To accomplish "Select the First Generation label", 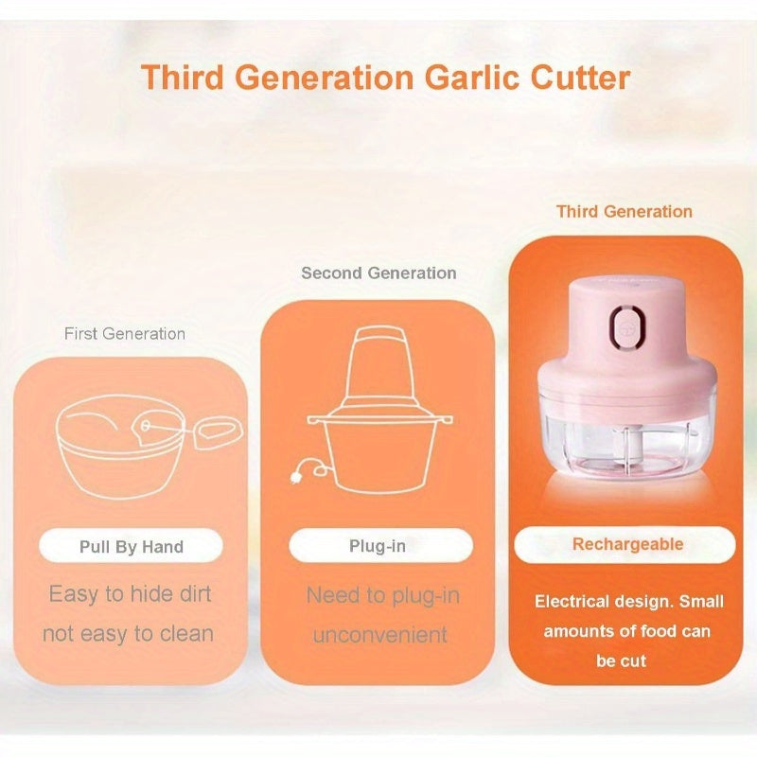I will [125, 333].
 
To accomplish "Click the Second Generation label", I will [378, 273].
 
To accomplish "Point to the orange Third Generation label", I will [625, 212].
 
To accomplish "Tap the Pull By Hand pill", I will [132, 547].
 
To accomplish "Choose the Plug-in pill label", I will [378, 547].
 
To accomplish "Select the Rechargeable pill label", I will [627, 545].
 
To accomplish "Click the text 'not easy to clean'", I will [129, 634].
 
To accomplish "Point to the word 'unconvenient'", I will [379, 635].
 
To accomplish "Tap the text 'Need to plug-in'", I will [383, 596].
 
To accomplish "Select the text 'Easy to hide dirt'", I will [131, 594].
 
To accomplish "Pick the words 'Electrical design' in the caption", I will [594, 602].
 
